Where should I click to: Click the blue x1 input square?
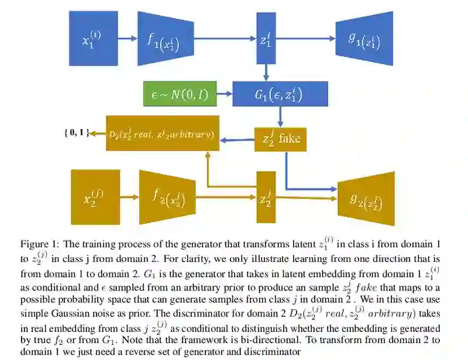coord(93,39)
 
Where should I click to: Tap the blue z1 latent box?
coord(266,39)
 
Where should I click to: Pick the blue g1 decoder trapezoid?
coord(364,39)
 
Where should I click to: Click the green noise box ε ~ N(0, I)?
coord(179,94)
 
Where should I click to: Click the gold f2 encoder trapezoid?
coord(167,198)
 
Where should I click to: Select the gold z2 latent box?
coord(266,198)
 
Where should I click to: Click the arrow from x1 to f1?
coord(127,39)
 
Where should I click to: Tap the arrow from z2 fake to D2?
coord(237,139)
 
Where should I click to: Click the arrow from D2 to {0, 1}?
coord(98,134)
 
